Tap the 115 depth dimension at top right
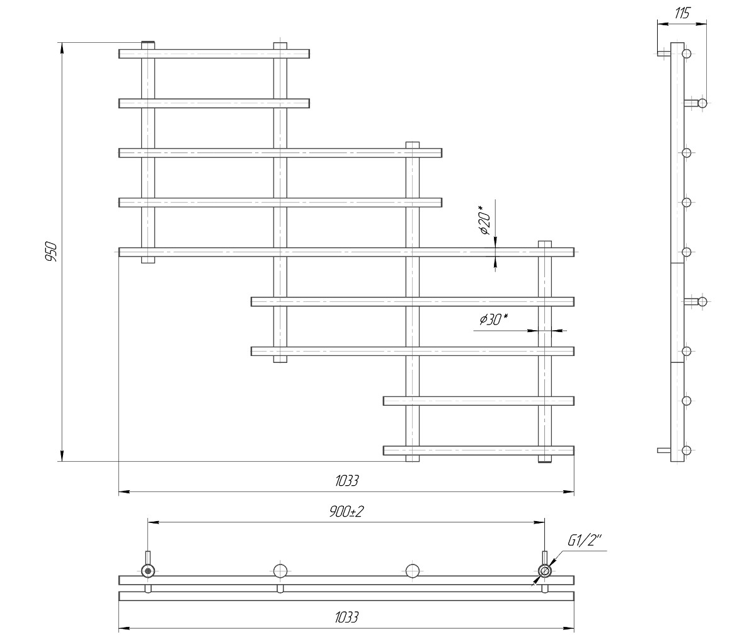click(x=682, y=13)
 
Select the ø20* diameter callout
click(x=485, y=221)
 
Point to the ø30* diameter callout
click(x=493, y=319)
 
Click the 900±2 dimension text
click(x=346, y=512)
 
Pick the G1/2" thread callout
click(x=584, y=541)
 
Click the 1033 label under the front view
click(x=346, y=481)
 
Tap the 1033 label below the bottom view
click(x=346, y=617)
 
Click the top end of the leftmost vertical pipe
click(x=147, y=43)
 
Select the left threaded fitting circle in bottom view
click(x=147, y=571)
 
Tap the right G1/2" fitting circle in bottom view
click(x=544, y=571)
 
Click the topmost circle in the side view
click(x=687, y=54)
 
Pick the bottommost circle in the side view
click(x=687, y=450)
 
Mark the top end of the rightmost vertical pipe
click(x=544, y=241)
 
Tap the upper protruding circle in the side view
click(x=702, y=103)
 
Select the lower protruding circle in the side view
click(x=702, y=301)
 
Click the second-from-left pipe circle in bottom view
click(x=280, y=571)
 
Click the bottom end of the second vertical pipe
click(x=280, y=362)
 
